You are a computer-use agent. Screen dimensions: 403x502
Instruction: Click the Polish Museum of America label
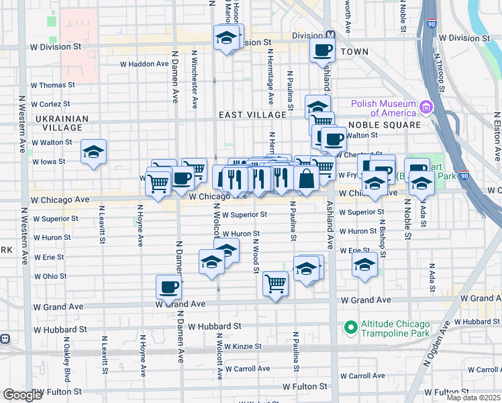coord(383,107)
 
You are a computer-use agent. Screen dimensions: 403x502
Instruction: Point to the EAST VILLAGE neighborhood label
coord(252,115)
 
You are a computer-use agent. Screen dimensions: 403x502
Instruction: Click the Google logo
coord(22,395)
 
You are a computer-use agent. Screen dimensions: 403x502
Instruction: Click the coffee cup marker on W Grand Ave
coord(168,287)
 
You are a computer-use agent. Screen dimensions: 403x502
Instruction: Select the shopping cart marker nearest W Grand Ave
coord(275,283)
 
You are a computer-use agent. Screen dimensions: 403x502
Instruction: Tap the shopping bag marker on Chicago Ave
coord(306,179)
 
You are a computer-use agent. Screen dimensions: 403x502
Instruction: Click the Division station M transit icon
coord(330,36)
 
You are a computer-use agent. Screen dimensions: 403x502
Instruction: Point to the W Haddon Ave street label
coord(144,64)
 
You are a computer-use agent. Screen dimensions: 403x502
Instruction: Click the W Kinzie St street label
coord(244,347)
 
